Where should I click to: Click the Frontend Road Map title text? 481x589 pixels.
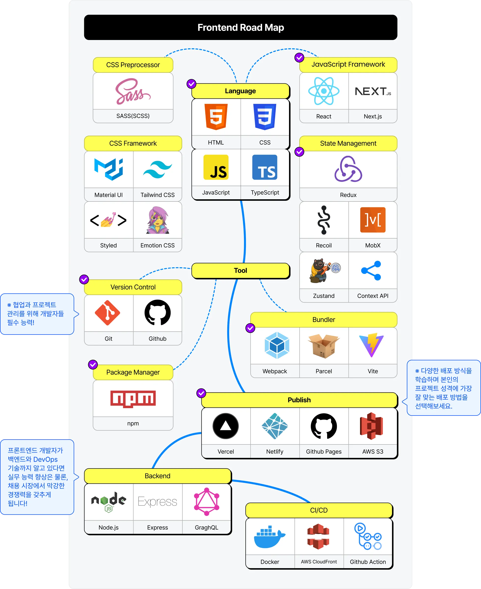(240, 27)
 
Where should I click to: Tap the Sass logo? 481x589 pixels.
(133, 92)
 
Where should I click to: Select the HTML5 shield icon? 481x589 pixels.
(216, 117)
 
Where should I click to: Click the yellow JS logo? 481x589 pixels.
(216, 167)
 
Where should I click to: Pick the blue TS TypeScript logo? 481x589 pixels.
(265, 167)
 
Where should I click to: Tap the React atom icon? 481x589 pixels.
(324, 91)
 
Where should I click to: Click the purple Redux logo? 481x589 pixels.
(348, 169)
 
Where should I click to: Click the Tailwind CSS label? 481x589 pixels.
(157, 195)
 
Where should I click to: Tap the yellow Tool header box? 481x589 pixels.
(240, 270)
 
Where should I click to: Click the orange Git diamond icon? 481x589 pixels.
(107, 313)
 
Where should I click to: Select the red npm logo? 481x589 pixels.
(133, 399)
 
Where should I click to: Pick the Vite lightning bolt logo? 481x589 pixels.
(371, 345)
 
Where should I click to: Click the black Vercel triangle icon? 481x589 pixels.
(226, 426)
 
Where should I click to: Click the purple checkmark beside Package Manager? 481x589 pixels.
(93, 365)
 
